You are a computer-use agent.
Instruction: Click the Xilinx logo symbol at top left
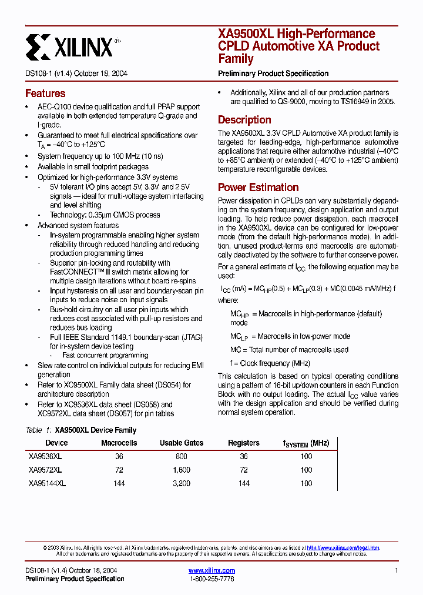[38, 46]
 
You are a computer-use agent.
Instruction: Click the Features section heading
[45, 93]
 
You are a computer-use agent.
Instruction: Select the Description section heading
[244, 120]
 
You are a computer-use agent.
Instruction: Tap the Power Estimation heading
[258, 188]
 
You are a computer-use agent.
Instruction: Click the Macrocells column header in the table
[119, 443]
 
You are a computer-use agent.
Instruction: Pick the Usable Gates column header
[182, 443]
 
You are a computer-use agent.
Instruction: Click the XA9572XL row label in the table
[45, 470]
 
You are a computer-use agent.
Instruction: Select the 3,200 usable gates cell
[182, 483]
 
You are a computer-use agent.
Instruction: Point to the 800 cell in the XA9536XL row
[182, 456]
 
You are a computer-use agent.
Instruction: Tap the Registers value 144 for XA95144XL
[244, 483]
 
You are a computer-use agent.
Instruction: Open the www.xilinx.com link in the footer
[211, 570]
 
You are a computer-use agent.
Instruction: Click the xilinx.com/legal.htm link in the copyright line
[343, 547]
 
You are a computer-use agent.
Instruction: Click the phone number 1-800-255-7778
[212, 579]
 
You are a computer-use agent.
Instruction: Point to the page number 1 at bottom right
[397, 571]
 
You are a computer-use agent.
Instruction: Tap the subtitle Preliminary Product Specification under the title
[273, 73]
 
